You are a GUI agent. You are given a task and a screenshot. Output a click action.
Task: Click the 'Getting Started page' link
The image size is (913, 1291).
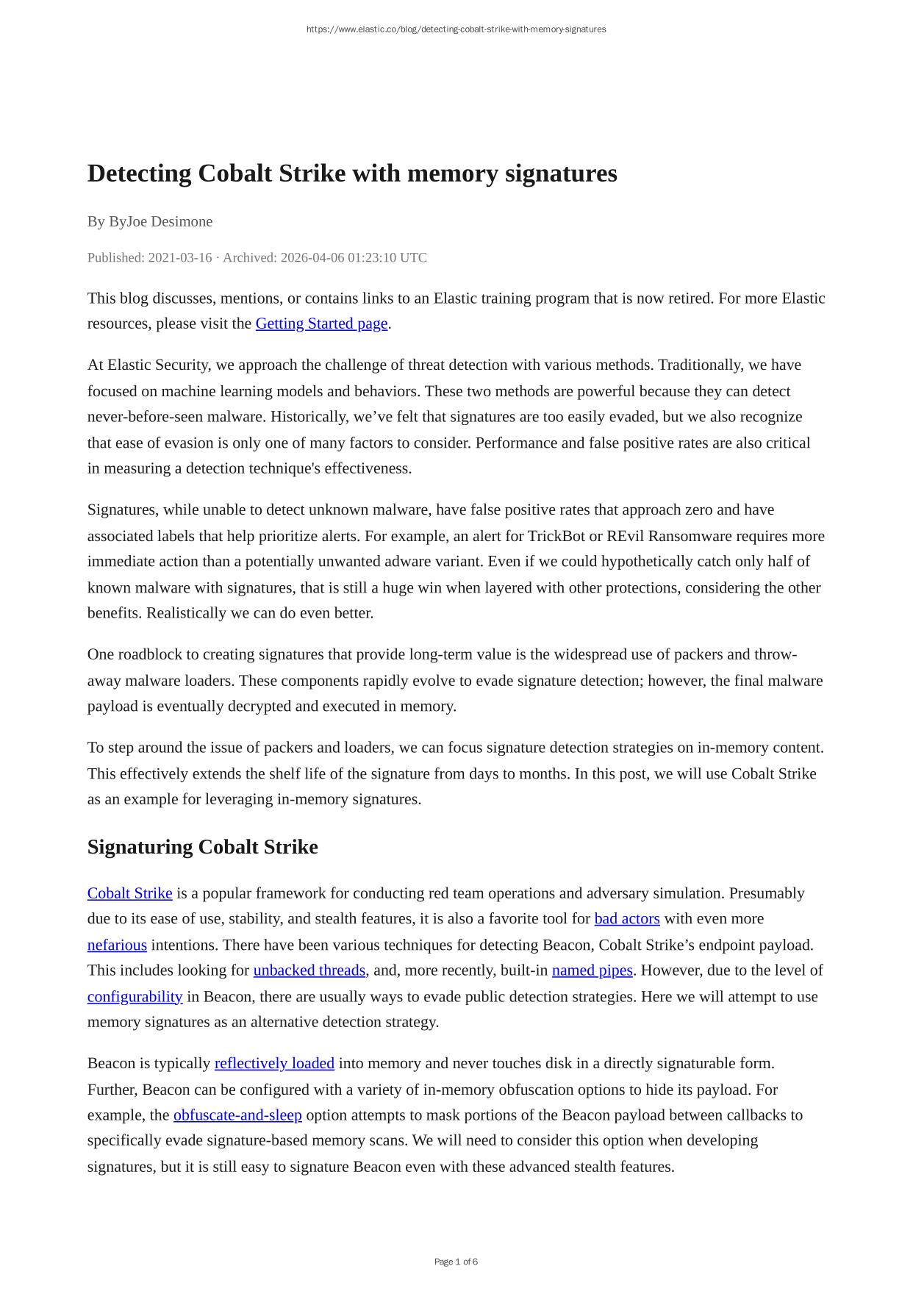pyautogui.click(x=321, y=323)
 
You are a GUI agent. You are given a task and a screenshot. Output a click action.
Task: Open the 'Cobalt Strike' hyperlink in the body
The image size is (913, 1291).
pyautogui.click(x=129, y=893)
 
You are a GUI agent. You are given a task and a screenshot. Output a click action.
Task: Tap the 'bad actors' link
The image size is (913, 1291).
pyautogui.click(x=626, y=919)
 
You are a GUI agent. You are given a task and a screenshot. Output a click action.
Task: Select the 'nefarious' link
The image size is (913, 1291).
pyautogui.click(x=117, y=945)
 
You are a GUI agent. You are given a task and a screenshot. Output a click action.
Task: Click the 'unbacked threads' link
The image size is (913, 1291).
pyautogui.click(x=309, y=970)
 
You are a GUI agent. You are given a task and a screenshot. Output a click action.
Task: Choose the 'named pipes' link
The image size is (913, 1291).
pyautogui.click(x=592, y=970)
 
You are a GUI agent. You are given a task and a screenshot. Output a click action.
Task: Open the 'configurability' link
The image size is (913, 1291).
pyautogui.click(x=135, y=997)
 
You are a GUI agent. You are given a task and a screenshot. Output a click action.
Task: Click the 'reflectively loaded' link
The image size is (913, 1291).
pyautogui.click(x=274, y=1063)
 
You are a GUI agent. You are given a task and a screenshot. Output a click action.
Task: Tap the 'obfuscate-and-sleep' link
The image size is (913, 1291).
pyautogui.click(x=237, y=1115)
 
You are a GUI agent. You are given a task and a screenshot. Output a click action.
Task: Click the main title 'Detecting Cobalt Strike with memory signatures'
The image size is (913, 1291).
pyautogui.click(x=352, y=174)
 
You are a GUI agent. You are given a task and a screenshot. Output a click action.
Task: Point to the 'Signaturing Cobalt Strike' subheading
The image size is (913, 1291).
pyautogui.click(x=202, y=847)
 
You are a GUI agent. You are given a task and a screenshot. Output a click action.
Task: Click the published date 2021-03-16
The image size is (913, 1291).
pyautogui.click(x=180, y=257)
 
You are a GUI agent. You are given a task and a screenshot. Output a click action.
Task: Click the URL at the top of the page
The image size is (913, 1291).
pyautogui.click(x=456, y=29)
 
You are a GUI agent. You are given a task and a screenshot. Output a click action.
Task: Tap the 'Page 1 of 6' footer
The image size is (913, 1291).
pyautogui.click(x=456, y=1262)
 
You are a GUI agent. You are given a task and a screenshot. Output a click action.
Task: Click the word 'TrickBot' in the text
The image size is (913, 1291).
pyautogui.click(x=555, y=536)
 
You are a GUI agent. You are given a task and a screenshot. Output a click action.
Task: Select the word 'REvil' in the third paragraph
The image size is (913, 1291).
pyautogui.click(x=625, y=536)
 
